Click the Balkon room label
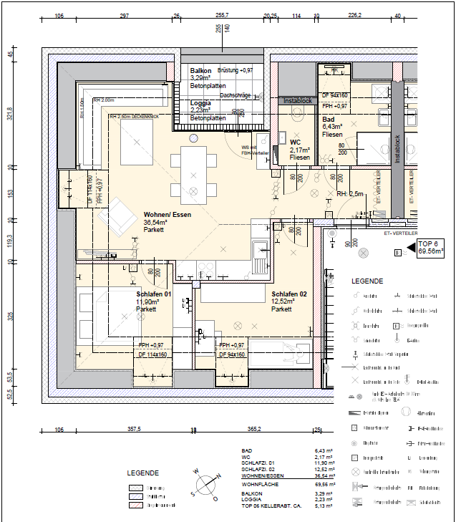(200, 71)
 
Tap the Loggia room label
(200, 103)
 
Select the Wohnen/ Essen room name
(166, 215)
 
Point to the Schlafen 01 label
(154, 294)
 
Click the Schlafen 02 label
(289, 294)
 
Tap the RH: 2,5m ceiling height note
(351, 194)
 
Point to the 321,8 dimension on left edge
(10, 114)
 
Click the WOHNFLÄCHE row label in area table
(261, 485)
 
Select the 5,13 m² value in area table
(324, 505)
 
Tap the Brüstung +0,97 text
(236, 71)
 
